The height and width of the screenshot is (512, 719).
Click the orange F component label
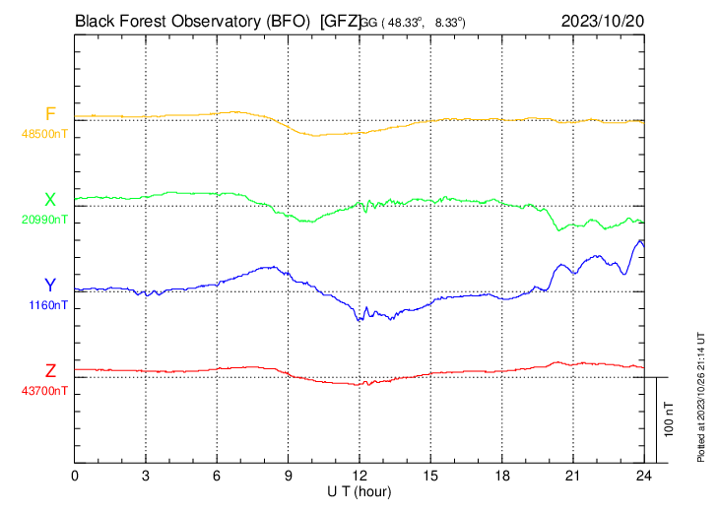click(50, 114)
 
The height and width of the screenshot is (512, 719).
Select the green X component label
click(50, 200)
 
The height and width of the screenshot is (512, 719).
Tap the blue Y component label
click(50, 286)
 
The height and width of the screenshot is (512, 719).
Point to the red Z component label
click(50, 371)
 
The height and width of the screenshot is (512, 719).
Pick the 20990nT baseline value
click(45, 220)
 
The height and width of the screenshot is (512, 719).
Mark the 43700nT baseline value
click(45, 391)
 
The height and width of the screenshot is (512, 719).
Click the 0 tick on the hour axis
click(75, 475)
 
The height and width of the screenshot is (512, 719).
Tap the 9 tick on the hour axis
click(288, 475)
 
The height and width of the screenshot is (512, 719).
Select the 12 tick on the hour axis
click(359, 475)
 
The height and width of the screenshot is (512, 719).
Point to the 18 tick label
click(501, 475)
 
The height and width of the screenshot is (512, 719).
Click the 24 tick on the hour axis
click(643, 475)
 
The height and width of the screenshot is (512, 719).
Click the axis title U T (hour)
click(359, 490)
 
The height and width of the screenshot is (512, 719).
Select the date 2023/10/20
click(602, 19)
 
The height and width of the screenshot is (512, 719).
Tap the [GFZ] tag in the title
click(341, 19)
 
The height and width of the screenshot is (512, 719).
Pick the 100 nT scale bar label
click(669, 418)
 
